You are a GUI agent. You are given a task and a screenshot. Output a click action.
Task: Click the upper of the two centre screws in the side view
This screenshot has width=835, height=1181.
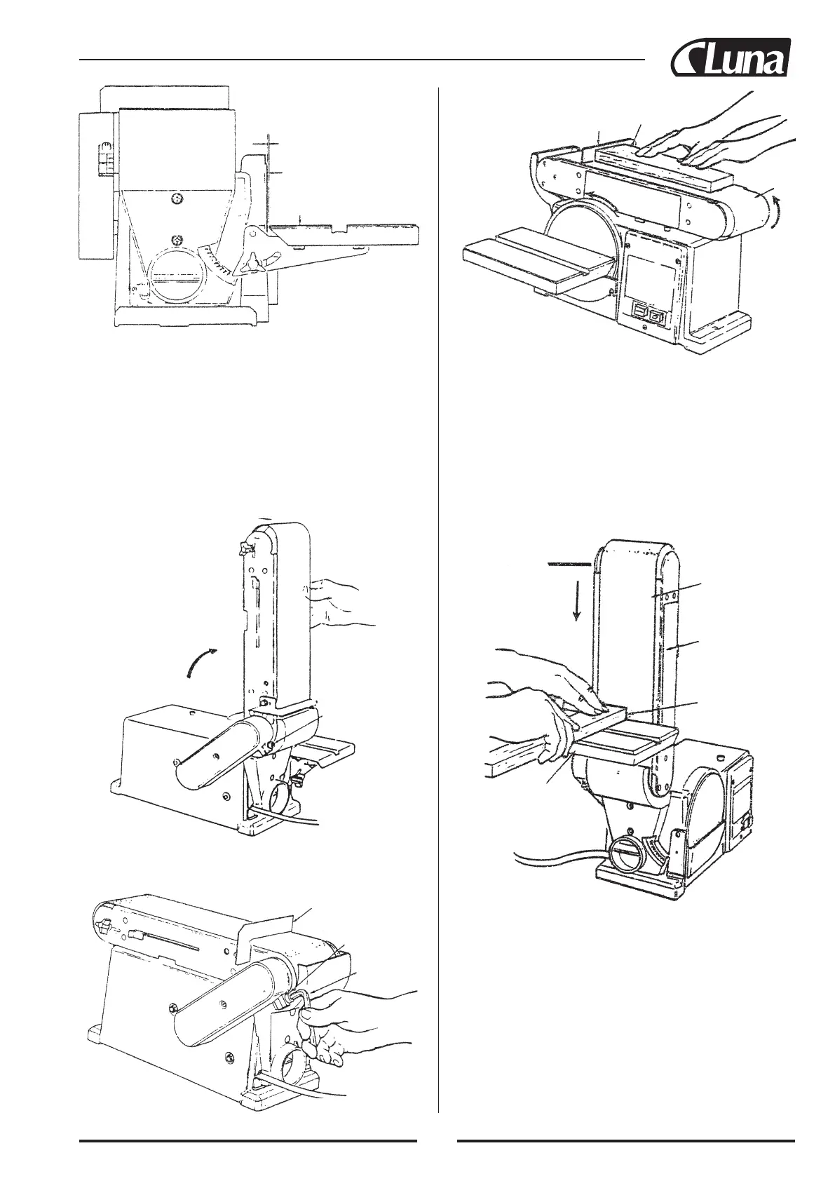[178, 199]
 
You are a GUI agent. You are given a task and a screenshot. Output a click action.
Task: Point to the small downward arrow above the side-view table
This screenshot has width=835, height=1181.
[299, 220]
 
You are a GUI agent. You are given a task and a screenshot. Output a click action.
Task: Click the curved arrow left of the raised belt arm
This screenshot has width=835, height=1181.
[201, 662]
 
